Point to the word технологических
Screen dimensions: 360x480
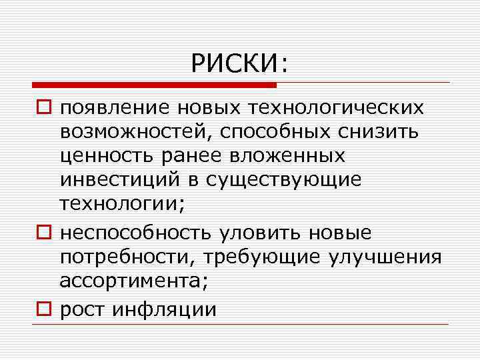click(335, 107)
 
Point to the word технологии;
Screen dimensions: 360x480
click(121, 205)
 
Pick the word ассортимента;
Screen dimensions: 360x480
click(134, 282)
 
